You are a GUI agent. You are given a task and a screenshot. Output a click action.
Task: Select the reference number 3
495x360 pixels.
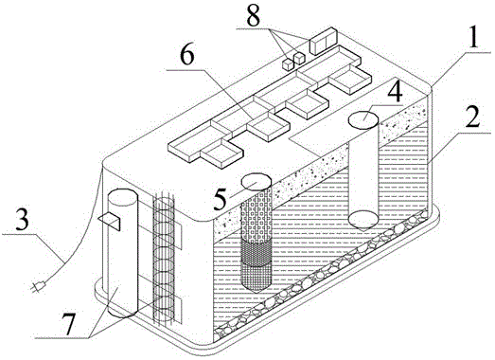pos(22,221)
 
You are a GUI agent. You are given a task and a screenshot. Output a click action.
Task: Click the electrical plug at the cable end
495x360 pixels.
pos(39,287)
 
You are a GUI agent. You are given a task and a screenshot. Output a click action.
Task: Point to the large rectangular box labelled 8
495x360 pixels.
pos(324,41)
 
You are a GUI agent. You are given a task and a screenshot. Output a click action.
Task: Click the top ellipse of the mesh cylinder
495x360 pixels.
pos(256,182)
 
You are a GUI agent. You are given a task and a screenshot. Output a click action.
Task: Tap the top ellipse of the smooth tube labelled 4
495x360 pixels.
pos(363,119)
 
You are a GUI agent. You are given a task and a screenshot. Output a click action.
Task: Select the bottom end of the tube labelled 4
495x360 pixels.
pos(363,221)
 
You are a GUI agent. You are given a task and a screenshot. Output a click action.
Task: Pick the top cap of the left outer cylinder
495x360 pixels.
pos(122,197)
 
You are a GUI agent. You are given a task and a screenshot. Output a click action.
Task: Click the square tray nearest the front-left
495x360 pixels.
pos(222,153)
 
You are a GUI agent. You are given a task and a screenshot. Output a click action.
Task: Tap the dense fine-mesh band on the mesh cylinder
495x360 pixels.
pos(256,254)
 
